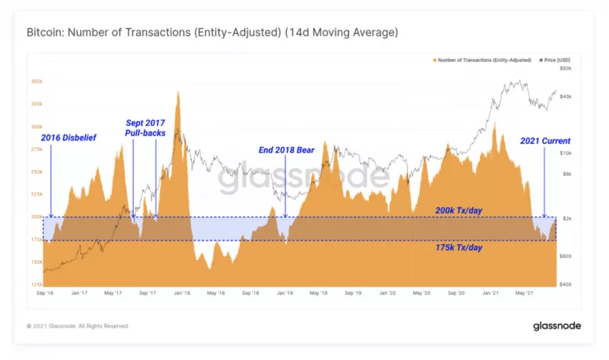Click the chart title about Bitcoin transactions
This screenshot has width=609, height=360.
212,33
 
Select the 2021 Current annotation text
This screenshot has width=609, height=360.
545,141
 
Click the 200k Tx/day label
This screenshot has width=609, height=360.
458,211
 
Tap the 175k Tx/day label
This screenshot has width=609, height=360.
458,247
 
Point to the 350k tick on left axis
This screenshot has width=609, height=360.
37,82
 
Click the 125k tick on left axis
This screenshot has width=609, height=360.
37,284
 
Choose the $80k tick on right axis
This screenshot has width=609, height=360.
565,68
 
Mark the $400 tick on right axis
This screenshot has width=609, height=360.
565,284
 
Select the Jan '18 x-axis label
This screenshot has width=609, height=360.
182,292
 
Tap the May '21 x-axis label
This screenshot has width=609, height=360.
523,292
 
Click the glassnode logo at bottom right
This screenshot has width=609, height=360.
556,325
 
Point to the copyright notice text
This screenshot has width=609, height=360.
78,325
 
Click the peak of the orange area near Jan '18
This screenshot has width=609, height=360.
178,93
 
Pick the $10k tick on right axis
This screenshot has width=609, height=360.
565,153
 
